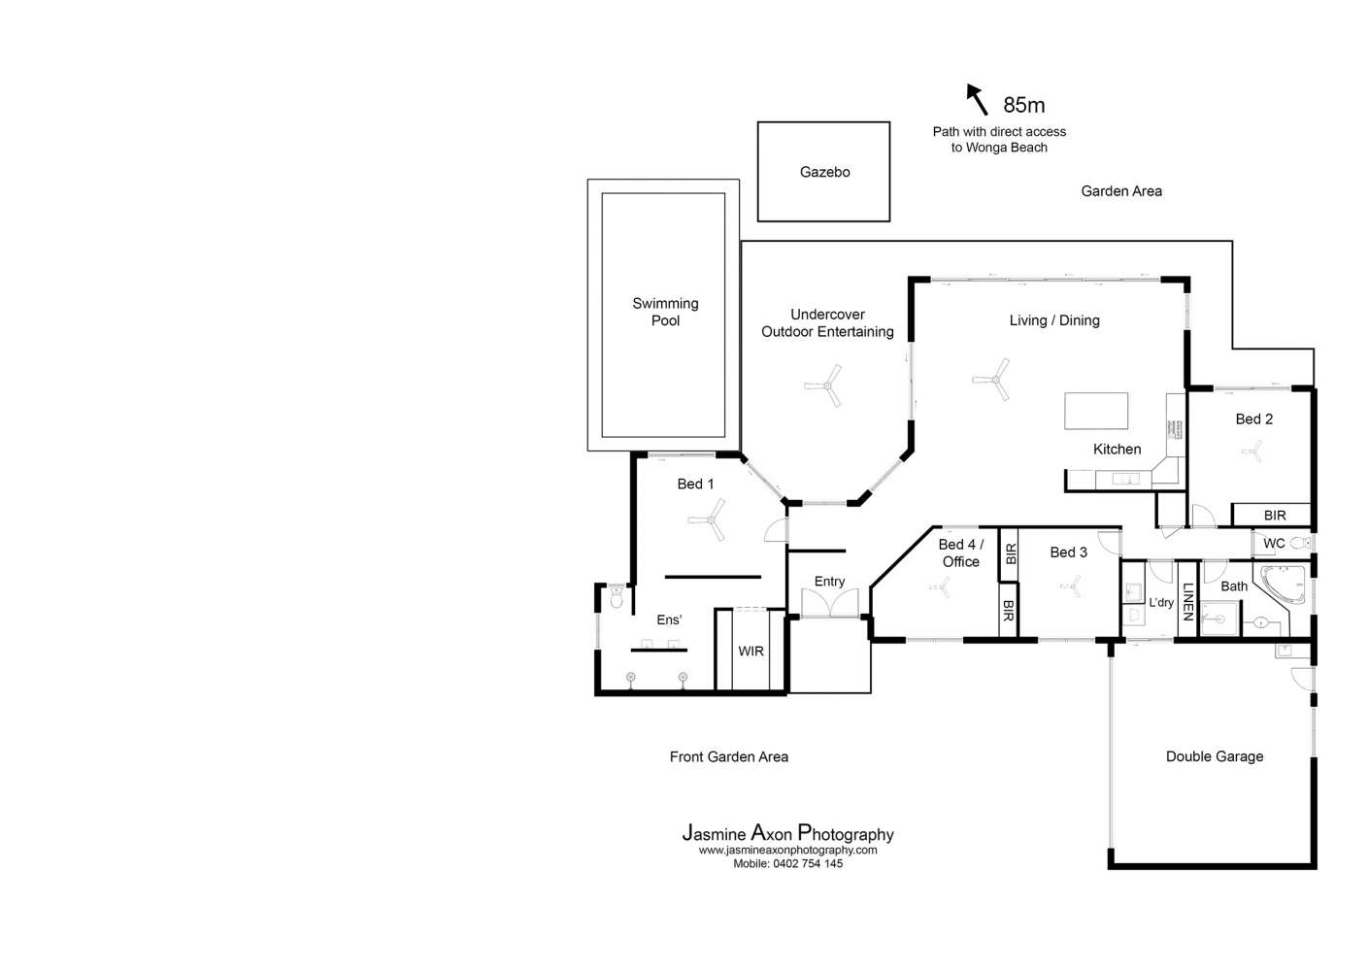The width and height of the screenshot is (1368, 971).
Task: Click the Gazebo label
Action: click(x=824, y=172)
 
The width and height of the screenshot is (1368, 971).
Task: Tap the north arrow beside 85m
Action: click(x=977, y=99)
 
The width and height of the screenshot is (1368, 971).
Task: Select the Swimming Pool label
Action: click(x=665, y=312)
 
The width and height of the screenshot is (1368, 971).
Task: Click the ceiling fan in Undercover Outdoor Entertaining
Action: click(x=824, y=385)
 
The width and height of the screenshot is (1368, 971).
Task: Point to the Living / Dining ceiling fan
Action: click(x=992, y=380)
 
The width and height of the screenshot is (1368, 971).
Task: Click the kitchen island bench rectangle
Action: click(x=1095, y=411)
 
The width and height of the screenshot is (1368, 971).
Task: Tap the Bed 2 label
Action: click(x=1253, y=419)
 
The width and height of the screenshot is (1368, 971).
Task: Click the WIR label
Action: click(x=751, y=652)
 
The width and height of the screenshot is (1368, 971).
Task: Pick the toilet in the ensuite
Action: click(x=617, y=597)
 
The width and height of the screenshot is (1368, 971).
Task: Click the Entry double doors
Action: click(x=830, y=602)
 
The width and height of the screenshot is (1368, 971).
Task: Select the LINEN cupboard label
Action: click(x=1187, y=601)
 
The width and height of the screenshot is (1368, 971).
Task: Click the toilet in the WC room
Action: click(x=1300, y=543)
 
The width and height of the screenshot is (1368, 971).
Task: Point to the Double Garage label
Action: click(x=1214, y=756)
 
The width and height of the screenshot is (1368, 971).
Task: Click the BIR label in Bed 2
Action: click(x=1275, y=516)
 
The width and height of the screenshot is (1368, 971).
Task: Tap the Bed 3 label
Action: click(x=1068, y=552)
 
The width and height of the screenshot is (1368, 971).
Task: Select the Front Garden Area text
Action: click(x=728, y=757)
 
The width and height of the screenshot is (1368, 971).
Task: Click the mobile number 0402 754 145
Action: click(x=808, y=864)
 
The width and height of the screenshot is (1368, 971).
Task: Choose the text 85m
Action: click(x=1024, y=105)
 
